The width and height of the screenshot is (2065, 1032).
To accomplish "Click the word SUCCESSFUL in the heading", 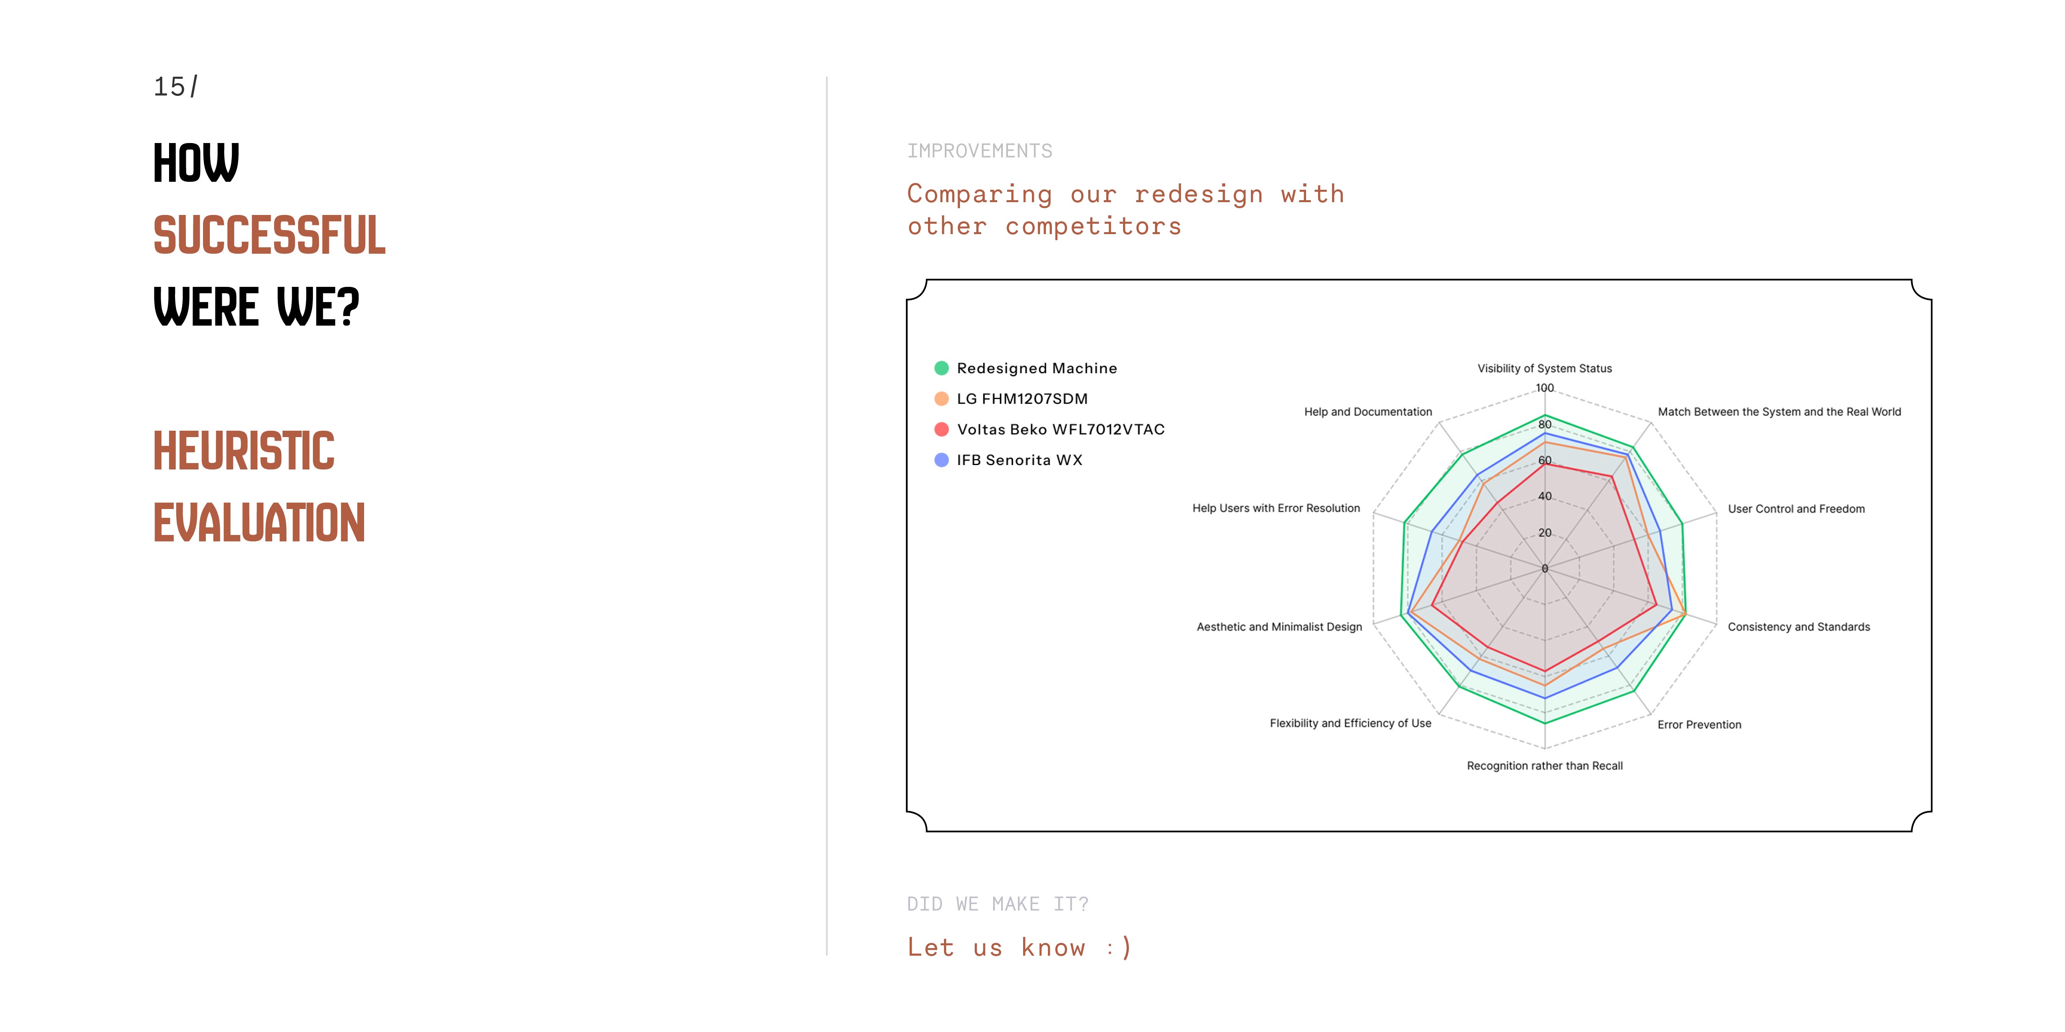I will [269, 236].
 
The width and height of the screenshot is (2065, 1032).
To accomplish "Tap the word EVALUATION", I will [259, 523].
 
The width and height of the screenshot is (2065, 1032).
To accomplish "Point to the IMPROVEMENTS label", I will [980, 151].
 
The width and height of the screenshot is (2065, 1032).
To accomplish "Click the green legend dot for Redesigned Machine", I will [941, 368].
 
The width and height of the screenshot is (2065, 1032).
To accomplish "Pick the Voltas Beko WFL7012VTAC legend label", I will [1060, 430].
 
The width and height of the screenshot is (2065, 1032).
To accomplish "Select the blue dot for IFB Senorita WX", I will [941, 460].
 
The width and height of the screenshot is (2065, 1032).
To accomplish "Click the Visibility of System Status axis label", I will [1544, 368].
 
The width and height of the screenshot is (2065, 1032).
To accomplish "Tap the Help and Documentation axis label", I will [1368, 412].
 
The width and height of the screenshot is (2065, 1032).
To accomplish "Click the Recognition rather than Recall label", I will [1544, 766].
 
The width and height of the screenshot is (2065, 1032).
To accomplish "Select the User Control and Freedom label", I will [1796, 509].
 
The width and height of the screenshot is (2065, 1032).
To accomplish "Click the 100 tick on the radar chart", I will [1544, 388].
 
